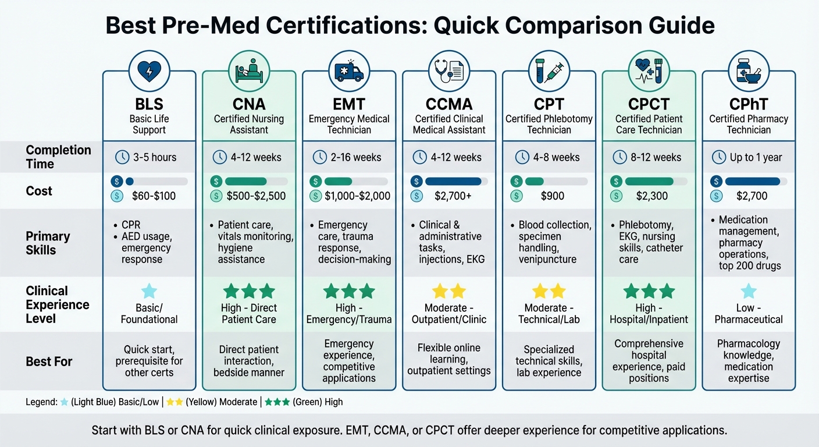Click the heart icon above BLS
pos(149,72)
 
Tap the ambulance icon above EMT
pos(349,72)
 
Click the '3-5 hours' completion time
pos(149,157)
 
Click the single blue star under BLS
pos(149,291)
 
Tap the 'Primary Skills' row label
pos(48,243)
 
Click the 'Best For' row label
pos(49,361)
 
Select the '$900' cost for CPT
pos(552,196)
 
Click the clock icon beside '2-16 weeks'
pos(320,157)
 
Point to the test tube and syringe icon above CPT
pos(549,72)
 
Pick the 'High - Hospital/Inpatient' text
pos(649,313)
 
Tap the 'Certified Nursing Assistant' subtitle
pos(249,124)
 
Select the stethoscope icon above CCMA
pos(448,72)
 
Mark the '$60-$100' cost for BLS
pos(154,196)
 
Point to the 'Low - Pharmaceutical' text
pos(749,313)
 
